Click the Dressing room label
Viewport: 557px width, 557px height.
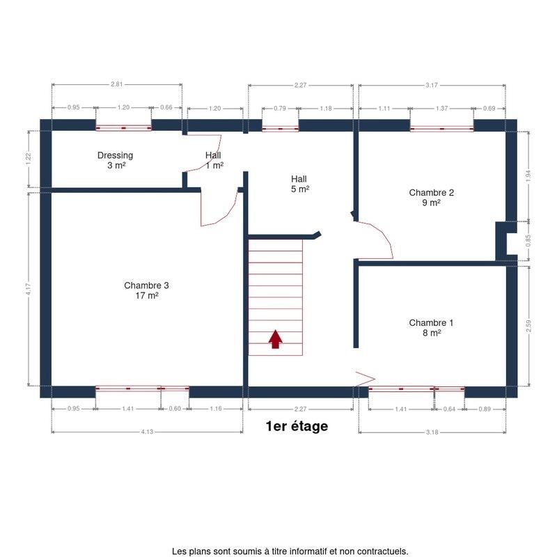point(115,160)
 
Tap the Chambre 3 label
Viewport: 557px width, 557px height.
point(146,290)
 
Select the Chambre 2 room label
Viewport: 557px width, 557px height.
point(431,198)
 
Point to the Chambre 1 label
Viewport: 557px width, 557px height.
point(431,327)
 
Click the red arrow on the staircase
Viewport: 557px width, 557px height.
point(275,339)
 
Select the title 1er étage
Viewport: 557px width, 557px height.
point(297,426)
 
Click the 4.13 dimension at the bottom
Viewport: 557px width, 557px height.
point(147,432)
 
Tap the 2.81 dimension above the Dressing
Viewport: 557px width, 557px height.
point(116,84)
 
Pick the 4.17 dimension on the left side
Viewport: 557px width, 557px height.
point(29,289)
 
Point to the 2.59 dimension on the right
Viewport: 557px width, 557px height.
point(528,326)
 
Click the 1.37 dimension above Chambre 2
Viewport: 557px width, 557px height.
point(441,109)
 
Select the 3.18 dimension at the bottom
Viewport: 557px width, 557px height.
point(432,432)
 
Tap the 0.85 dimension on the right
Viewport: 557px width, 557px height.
point(528,240)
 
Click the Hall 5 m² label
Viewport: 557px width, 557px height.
point(300,184)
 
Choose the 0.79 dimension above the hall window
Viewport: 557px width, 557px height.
point(280,109)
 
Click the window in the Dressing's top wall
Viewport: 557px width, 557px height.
point(124,128)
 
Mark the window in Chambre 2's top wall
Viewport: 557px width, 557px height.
point(441,129)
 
